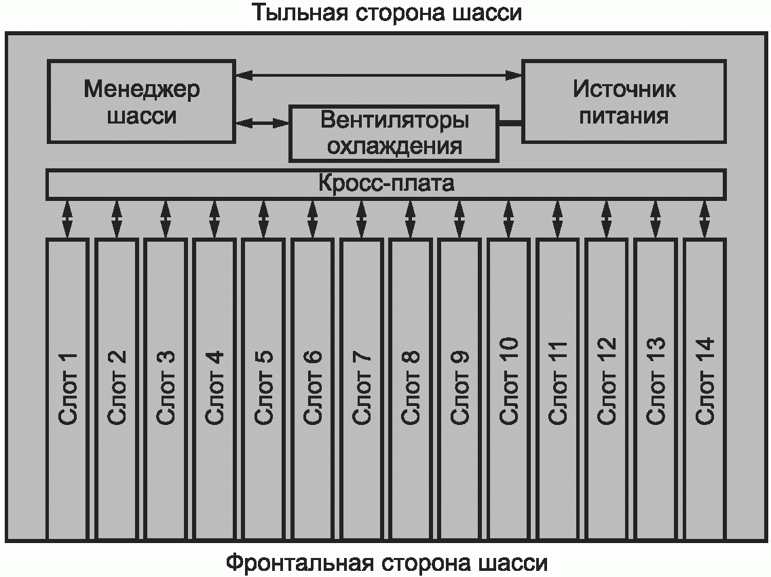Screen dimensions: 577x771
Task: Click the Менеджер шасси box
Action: pyautogui.click(x=141, y=102)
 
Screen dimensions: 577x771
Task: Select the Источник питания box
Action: pyautogui.click(x=623, y=101)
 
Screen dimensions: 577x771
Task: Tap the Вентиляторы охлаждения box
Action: pyautogui.click(x=394, y=132)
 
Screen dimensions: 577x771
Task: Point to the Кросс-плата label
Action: pyautogui.click(x=386, y=184)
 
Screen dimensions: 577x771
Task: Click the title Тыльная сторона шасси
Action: pyautogui.click(x=388, y=14)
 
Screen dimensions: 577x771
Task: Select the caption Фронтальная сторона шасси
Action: pyautogui.click(x=386, y=563)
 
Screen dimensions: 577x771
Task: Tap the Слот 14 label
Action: pyautogui.click(x=705, y=380)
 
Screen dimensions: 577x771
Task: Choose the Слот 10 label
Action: pyautogui.click(x=509, y=380)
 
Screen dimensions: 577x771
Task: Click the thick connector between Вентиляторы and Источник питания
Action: pyautogui.click(x=510, y=123)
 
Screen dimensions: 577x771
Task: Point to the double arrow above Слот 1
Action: pyautogui.click(x=67, y=219)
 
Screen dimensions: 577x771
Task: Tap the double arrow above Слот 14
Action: pyautogui.click(x=704, y=219)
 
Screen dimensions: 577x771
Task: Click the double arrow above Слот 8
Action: pyautogui.click(x=411, y=219)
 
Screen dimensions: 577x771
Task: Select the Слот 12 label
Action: pyautogui.click(x=607, y=380)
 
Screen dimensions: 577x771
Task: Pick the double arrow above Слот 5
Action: pyautogui.click(x=263, y=219)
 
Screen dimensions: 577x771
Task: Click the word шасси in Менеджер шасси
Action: pyautogui.click(x=141, y=115)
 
